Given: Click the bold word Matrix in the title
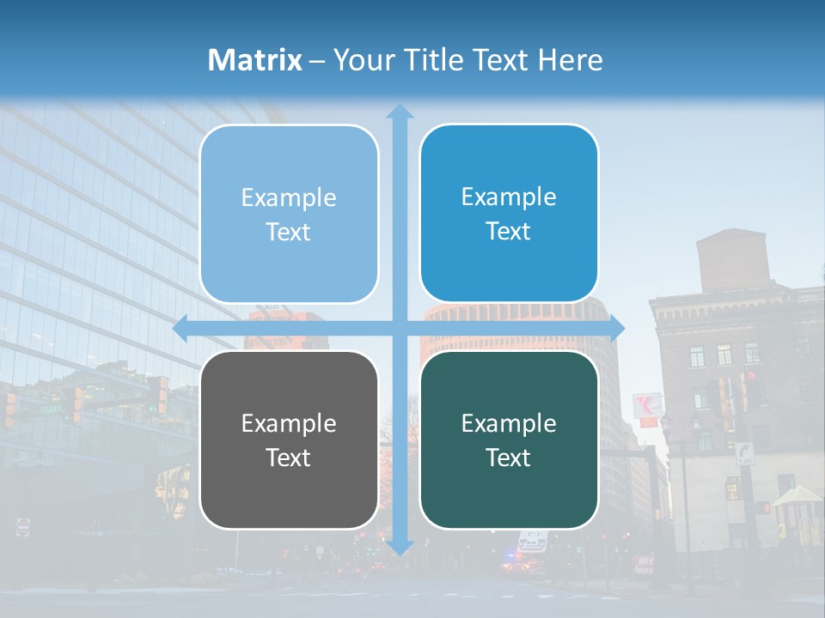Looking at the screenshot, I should click(x=254, y=60).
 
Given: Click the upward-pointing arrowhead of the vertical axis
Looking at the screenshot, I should click(x=399, y=112).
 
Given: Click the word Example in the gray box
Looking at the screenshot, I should click(x=289, y=423).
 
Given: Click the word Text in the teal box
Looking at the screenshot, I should click(x=509, y=457).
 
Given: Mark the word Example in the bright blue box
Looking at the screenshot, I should click(x=509, y=197).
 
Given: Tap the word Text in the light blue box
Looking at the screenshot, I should click(x=289, y=232).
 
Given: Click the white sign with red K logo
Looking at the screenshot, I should click(x=647, y=406).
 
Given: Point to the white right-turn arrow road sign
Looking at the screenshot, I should click(x=744, y=453).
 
